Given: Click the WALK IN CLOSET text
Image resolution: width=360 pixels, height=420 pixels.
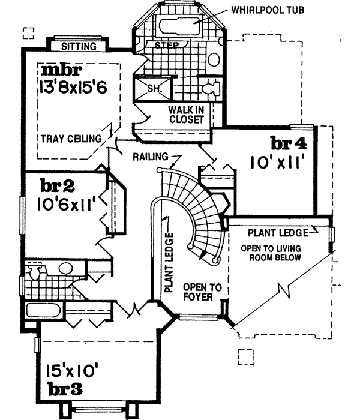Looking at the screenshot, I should click(187, 115).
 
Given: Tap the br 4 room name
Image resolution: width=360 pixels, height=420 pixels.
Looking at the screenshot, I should click(288, 144).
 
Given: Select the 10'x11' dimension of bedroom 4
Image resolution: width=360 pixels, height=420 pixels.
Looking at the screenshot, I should click(278, 161).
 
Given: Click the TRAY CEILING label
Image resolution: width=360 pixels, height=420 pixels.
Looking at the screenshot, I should click(71, 139).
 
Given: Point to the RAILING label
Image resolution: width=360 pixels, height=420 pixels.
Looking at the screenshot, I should click(151, 157).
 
